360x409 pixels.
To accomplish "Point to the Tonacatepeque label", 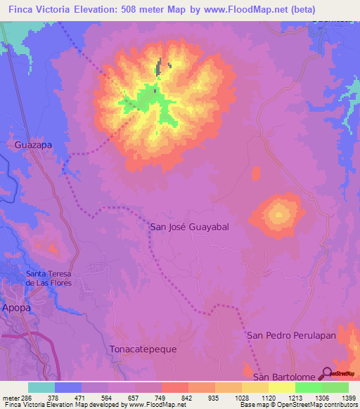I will pyautogui.click(x=143, y=349).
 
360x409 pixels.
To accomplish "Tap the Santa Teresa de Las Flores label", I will pyautogui.click(x=49, y=278).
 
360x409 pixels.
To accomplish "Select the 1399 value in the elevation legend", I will pyautogui.click(x=347, y=397).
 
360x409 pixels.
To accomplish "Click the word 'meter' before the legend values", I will pyautogui.click(x=8, y=397).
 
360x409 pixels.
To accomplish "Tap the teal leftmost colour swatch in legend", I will pyautogui.click(x=41, y=387).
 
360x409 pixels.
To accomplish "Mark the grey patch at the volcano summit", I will pyautogui.click(x=160, y=69).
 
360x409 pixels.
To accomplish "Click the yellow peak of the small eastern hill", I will pyautogui.click(x=279, y=214).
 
